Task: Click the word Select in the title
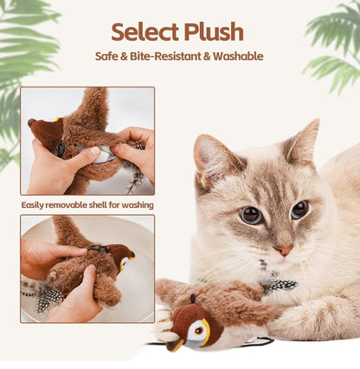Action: [145, 31]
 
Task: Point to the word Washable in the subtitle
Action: [238, 56]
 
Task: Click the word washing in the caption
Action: [138, 205]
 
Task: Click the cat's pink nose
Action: [285, 249]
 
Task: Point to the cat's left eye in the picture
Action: [251, 216]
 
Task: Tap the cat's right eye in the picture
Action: [299, 210]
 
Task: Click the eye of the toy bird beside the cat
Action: [198, 330]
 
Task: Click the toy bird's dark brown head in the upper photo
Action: [46, 133]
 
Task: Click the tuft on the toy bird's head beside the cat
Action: [193, 298]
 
